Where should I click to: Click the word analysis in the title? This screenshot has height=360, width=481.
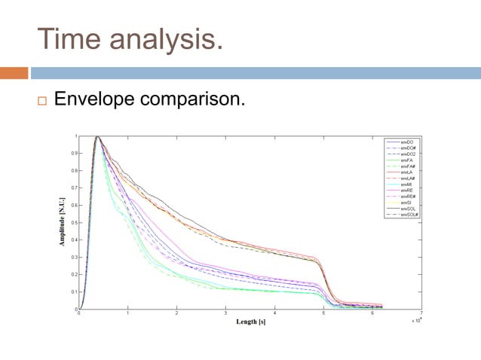167,38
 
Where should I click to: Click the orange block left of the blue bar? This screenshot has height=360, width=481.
14,73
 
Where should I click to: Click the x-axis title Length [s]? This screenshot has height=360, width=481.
250,322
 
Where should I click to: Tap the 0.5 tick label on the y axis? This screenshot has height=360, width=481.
72,222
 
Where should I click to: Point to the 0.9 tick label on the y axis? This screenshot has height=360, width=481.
72,153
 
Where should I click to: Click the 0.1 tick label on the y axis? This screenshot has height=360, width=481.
72,291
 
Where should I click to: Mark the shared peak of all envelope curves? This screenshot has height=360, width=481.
97,137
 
